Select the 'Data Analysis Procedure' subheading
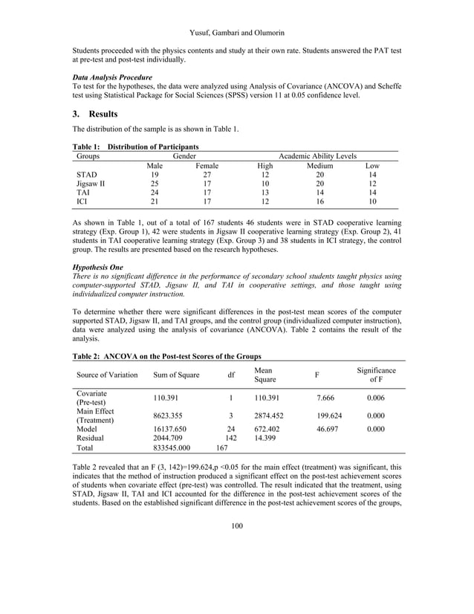[112, 77]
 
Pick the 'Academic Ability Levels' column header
[317, 156]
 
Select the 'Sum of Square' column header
[176, 375]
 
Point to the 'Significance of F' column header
[376, 375]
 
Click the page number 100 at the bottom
[237, 526]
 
